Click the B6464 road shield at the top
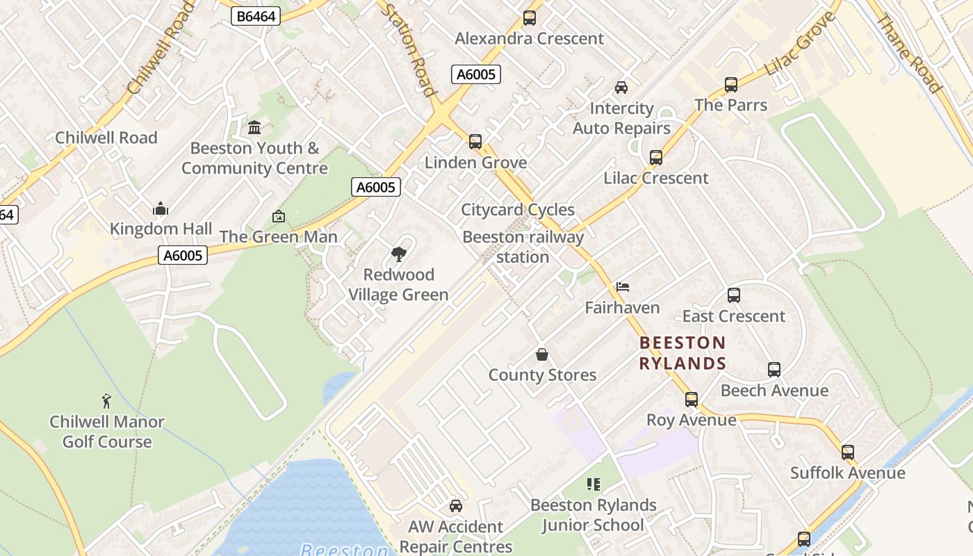click(255, 16)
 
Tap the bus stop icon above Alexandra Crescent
click(530, 18)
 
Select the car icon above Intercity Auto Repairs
click(621, 88)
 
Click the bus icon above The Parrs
click(731, 85)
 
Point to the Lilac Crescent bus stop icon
click(656, 158)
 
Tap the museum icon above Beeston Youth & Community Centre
click(254, 128)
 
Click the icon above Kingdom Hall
click(161, 208)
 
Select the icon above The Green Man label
click(279, 217)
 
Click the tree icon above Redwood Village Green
click(398, 254)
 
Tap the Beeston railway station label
click(523, 247)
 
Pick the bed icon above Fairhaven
click(623, 287)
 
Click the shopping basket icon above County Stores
click(542, 355)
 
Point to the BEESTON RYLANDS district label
click(682, 353)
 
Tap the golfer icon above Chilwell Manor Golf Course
click(106, 401)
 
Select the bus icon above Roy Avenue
click(691, 400)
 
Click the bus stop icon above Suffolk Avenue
click(848, 452)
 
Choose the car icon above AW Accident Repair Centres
click(456, 506)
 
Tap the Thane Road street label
click(909, 54)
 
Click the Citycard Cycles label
click(518, 210)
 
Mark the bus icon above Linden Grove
click(475, 142)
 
